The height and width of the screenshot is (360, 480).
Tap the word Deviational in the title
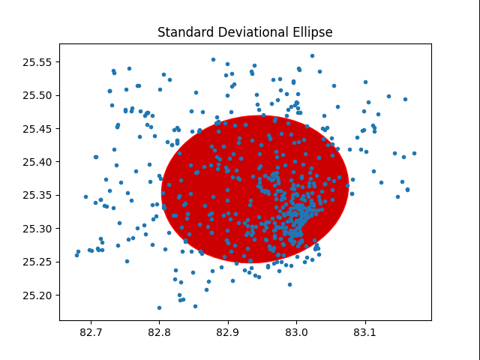point(244,33)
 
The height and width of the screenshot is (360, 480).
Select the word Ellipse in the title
point(307,33)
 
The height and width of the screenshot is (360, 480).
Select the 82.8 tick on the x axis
point(159,331)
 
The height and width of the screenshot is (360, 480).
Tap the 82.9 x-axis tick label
point(227,331)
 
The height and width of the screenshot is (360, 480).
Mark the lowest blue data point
point(159,307)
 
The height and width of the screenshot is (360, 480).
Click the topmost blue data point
point(313,55)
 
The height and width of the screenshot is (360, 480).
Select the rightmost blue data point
point(414,153)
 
